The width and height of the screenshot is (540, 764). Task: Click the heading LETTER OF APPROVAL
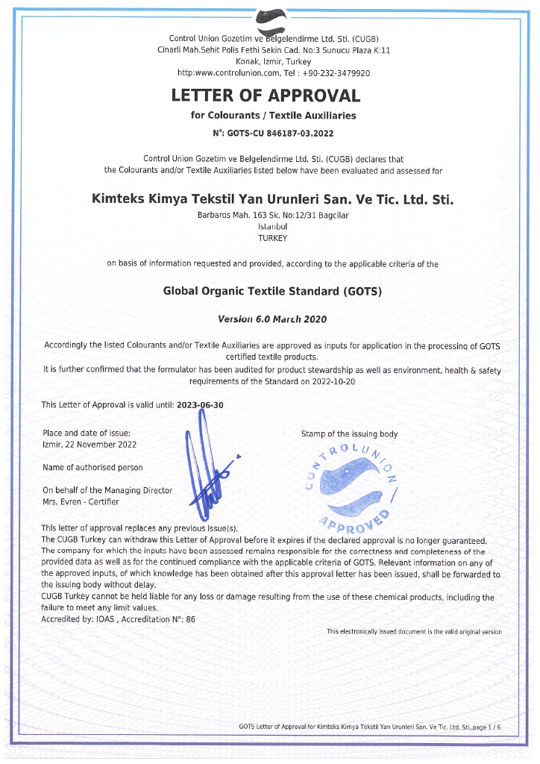click(x=266, y=95)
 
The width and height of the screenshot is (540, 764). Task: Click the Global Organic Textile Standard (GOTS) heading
click(x=272, y=291)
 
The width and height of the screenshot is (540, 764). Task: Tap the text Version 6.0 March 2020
click(x=272, y=319)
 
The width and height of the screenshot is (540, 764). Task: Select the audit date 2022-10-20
click(x=333, y=381)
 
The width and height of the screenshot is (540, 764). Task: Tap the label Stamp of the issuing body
click(x=349, y=434)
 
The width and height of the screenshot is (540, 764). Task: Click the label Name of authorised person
click(x=92, y=467)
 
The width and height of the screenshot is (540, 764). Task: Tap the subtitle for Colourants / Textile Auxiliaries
click(x=273, y=116)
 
